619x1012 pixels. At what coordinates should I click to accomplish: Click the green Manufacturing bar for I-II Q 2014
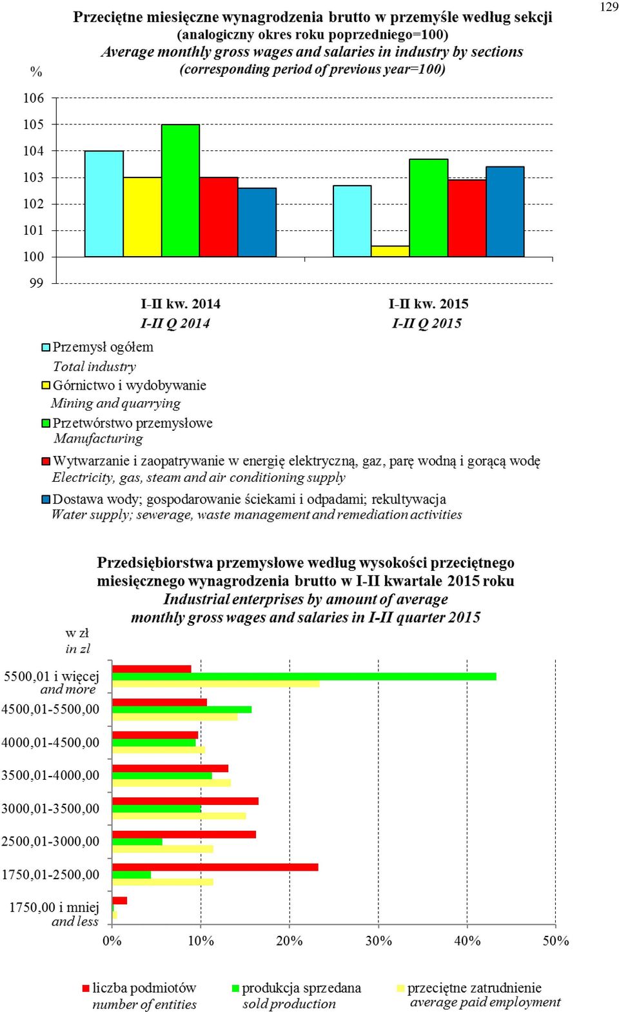[181, 191]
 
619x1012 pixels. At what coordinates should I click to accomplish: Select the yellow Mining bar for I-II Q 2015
[391, 251]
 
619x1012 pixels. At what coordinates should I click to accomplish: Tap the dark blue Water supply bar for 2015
[506, 212]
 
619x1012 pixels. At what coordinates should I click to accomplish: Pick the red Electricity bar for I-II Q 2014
[219, 217]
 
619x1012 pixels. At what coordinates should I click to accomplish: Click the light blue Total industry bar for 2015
[352, 221]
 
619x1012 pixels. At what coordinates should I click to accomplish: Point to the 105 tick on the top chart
[34, 124]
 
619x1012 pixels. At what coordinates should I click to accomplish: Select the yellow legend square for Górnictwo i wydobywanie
[46, 385]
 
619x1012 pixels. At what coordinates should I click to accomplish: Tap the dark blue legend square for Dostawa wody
[46, 499]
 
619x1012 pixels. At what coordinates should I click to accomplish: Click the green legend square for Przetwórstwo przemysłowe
[46, 423]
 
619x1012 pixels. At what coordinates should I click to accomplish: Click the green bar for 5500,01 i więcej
[304, 677]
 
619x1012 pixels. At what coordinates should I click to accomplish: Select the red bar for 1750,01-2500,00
[215, 868]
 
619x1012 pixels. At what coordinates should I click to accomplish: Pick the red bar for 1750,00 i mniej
[120, 900]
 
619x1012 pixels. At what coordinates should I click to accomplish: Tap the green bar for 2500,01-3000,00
[137, 842]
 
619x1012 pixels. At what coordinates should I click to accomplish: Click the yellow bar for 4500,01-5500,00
[175, 717]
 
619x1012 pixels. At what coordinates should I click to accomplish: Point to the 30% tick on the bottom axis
[378, 940]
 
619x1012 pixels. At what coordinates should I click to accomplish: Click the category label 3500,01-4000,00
[50, 775]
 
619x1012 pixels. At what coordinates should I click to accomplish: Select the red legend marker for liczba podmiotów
[86, 989]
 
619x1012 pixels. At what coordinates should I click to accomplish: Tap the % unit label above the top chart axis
[36, 72]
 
